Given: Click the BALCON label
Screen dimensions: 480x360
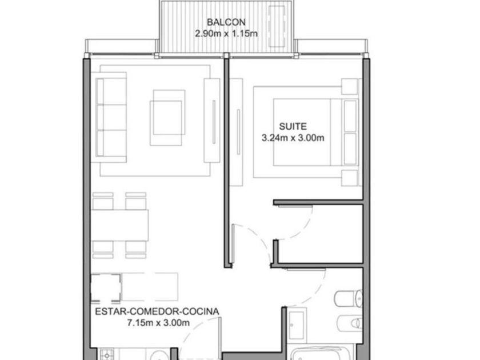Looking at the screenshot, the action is click(226, 22).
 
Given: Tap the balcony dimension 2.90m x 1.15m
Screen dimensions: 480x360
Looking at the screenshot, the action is click(226, 33).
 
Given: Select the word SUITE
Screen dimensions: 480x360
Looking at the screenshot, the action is click(293, 126).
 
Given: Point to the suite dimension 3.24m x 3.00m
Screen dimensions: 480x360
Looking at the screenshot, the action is click(293, 138).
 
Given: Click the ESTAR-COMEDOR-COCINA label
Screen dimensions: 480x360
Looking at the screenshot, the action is click(157, 311).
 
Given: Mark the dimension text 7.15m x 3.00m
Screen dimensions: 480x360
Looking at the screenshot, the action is click(158, 322).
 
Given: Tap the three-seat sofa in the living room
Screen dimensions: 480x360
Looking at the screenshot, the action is click(110, 117).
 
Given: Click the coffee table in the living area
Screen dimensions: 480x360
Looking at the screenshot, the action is click(167, 118).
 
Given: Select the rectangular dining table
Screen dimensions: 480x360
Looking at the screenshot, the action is click(119, 225).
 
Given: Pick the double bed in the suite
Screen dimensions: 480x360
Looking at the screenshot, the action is click(315, 132).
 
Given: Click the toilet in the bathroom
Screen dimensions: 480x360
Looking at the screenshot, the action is click(348, 298).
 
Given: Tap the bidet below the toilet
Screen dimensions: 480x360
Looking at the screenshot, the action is click(349, 323).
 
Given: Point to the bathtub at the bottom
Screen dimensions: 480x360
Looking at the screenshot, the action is click(321, 354).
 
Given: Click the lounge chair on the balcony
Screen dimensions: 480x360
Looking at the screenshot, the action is click(277, 26).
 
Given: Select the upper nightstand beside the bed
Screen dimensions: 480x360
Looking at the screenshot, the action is click(350, 86).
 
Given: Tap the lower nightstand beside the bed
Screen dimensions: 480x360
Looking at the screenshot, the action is click(350, 178).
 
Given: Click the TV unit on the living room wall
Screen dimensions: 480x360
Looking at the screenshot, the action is click(212, 121).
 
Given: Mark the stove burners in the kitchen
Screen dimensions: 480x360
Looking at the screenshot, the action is click(107, 354).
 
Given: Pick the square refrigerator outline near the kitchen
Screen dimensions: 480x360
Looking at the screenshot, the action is click(106, 288).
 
